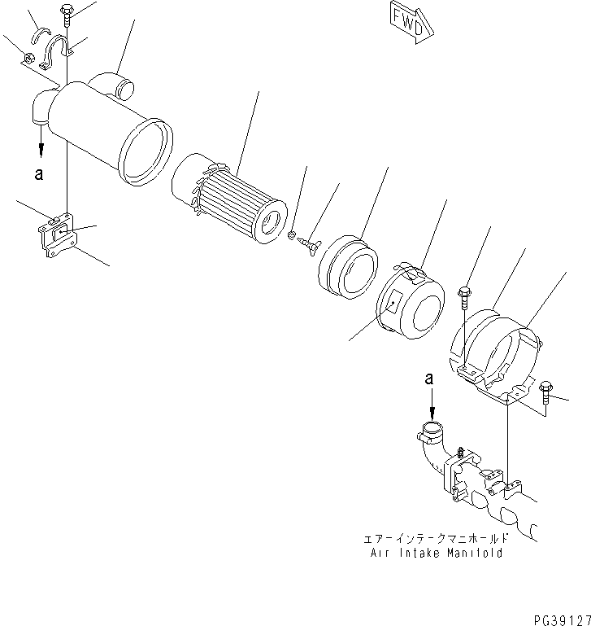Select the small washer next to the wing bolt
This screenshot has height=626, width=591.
click(x=292, y=236)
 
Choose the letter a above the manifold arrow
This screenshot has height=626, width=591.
click(x=431, y=379)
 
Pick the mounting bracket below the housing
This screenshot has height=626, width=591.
click(x=58, y=236)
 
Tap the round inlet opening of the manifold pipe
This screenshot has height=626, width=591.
click(x=432, y=430)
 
